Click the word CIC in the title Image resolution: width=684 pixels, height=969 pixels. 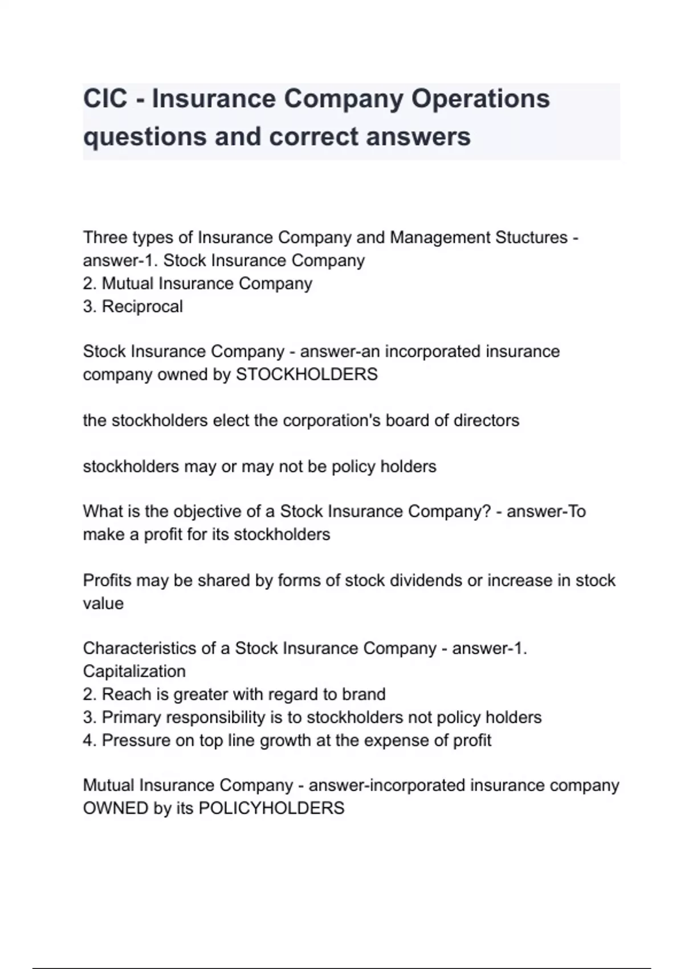(x=105, y=99)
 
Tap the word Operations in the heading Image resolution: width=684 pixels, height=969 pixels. (x=481, y=99)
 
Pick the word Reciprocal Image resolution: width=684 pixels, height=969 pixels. (x=142, y=307)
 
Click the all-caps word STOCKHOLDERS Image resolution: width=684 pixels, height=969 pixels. (x=307, y=374)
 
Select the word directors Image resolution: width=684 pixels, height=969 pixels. (x=486, y=421)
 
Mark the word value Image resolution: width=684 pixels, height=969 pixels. (x=103, y=604)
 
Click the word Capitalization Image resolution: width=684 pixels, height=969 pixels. (x=134, y=671)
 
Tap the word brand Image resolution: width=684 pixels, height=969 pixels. (x=364, y=694)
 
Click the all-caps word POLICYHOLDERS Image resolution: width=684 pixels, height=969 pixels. (x=271, y=808)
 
